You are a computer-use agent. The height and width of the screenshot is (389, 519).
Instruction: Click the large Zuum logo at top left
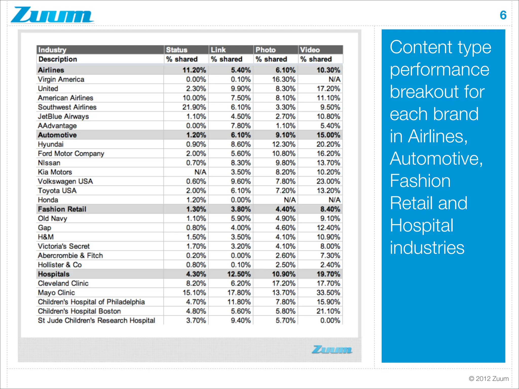(52, 15)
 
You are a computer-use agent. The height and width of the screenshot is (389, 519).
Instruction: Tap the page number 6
(503, 15)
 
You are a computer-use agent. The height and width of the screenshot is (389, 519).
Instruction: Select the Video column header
(310, 50)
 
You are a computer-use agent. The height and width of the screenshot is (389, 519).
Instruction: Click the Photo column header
(265, 50)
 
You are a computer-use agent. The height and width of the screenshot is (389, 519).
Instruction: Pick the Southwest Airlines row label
(67, 107)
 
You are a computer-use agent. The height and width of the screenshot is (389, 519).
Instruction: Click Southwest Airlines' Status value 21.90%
(194, 107)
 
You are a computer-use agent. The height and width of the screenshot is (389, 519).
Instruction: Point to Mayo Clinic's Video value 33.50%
(328, 293)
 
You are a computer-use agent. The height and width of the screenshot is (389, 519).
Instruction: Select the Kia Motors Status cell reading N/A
(200, 172)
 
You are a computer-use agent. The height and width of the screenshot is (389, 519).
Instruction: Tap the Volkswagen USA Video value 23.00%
(328, 181)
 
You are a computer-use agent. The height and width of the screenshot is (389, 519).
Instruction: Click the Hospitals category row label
(54, 274)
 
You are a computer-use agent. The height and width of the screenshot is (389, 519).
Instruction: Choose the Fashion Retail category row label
(62, 209)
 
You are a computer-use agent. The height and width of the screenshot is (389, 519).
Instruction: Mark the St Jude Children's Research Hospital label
(96, 320)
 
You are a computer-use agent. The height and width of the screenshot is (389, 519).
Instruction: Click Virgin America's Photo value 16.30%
(284, 79)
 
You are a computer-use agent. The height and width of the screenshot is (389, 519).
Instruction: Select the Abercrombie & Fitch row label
(70, 256)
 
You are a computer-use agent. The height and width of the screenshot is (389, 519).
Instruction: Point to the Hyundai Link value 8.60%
(241, 144)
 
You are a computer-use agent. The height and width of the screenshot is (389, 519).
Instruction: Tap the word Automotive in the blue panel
(436, 159)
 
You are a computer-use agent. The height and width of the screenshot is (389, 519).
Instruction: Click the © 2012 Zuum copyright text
(489, 379)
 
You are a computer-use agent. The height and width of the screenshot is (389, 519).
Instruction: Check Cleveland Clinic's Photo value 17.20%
(284, 283)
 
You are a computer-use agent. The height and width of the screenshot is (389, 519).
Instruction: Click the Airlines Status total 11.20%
(194, 70)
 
